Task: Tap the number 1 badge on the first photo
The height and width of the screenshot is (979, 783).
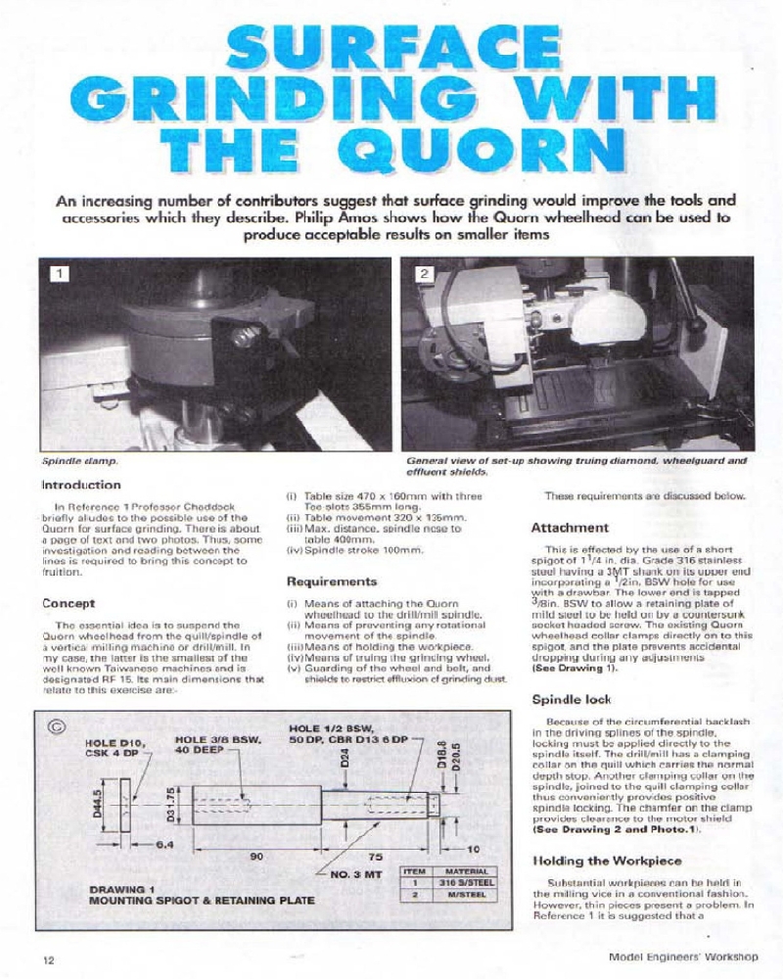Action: click(62, 275)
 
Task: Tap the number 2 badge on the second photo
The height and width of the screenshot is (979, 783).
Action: click(422, 275)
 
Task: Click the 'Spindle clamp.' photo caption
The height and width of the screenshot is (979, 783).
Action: click(79, 459)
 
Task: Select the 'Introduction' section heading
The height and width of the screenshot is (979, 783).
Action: click(81, 485)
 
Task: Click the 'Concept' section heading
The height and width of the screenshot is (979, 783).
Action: click(68, 603)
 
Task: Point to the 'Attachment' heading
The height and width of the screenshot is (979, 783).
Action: click(570, 528)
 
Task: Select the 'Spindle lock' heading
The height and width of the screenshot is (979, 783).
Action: click(571, 700)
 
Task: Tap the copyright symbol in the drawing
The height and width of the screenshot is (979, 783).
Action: click(59, 726)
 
